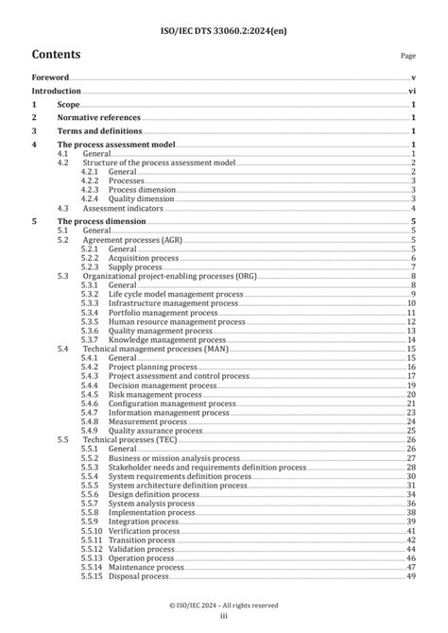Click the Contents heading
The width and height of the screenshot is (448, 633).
pos(56,54)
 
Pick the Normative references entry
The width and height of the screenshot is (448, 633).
pos(104,118)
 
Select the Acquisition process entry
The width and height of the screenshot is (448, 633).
pos(143,257)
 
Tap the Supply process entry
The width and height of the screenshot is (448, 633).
pos(134,266)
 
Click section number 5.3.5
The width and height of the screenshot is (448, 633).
pos(90,321)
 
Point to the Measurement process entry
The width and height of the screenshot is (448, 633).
pos(147,421)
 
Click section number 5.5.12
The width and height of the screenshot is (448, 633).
pos(93,548)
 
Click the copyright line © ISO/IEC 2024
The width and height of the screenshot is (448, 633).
pos(223,605)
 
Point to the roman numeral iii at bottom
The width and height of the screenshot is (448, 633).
pos(224,617)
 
